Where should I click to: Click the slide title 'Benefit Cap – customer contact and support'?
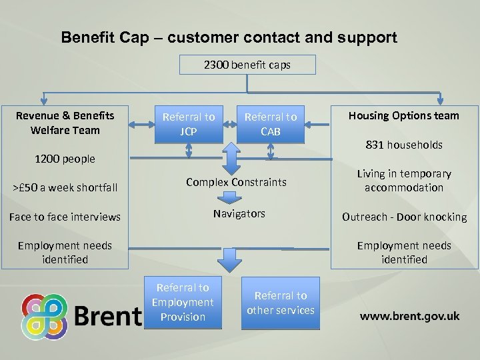pos(229,38)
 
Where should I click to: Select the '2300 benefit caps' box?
pos(247,65)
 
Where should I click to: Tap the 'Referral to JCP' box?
pos(189,124)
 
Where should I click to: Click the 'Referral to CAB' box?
pos(271,124)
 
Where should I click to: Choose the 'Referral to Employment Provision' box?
pos(183,302)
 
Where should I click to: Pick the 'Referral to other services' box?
pos(281,303)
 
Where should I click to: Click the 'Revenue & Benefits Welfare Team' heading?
pos(65,123)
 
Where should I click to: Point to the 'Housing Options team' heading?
pos(403,115)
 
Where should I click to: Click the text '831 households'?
pos(403,145)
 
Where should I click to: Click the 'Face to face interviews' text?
pos(65,217)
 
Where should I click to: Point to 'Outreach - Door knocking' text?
pos(404,217)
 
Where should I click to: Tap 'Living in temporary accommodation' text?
pos(404,181)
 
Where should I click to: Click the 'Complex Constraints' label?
pos(236,182)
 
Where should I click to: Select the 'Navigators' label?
pos(239,213)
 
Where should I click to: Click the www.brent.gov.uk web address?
pos(409,316)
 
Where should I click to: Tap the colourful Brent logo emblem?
pos(44,317)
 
